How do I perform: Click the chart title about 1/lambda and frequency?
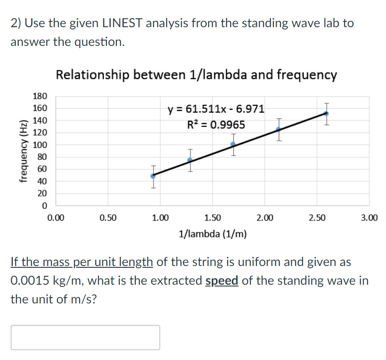(196, 75)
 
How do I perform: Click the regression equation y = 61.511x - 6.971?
(215, 109)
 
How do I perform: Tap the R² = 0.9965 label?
(215, 125)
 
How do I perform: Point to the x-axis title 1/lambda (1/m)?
(213, 233)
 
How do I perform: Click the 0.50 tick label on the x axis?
(108, 218)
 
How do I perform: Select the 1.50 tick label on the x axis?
(212, 218)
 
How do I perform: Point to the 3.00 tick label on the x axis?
(369, 218)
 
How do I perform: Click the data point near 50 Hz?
(153, 176)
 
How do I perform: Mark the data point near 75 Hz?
(190, 160)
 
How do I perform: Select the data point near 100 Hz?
(233, 144)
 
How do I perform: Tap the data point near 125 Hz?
(279, 129)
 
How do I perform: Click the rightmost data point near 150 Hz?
(326, 114)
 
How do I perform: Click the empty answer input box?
(85, 337)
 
